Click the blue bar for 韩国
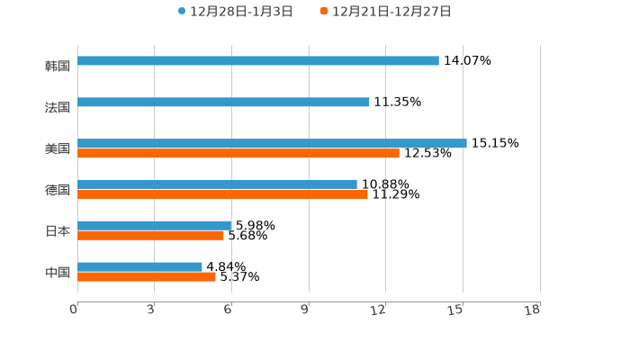(x=258, y=61)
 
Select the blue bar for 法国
(x=223, y=103)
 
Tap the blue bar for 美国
(x=272, y=143)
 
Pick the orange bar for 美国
(x=238, y=154)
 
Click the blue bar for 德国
(x=217, y=184)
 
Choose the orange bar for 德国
(x=222, y=194)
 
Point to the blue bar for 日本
(x=155, y=226)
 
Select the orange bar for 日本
(x=150, y=236)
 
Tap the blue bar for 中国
(x=139, y=267)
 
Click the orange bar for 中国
(x=147, y=277)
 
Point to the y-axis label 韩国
(x=58, y=67)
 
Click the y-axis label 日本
(x=58, y=231)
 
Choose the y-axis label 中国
(x=58, y=273)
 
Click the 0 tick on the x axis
(x=75, y=310)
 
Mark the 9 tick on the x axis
(x=306, y=310)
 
